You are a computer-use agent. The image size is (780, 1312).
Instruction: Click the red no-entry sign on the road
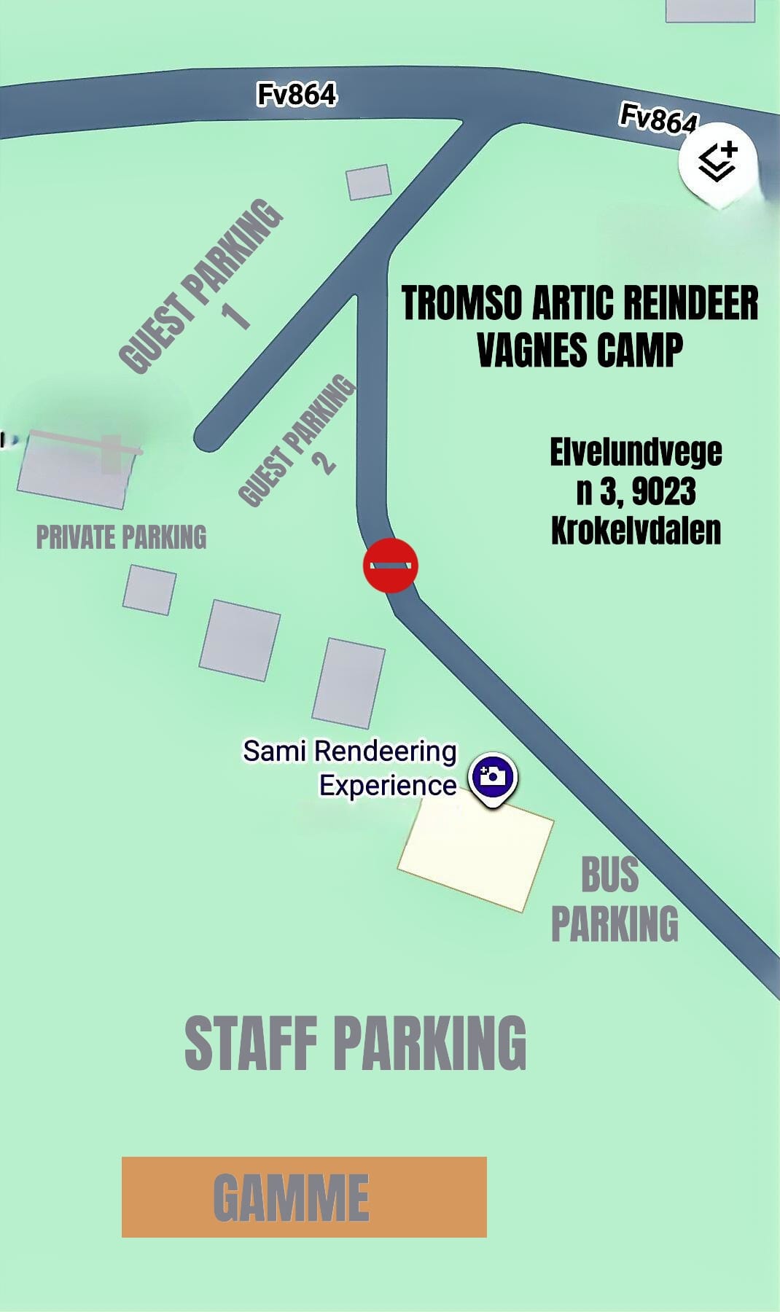[x=391, y=565]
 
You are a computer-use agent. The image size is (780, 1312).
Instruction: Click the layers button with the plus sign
[x=718, y=162]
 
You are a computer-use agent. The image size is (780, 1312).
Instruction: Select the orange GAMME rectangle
[x=304, y=1197]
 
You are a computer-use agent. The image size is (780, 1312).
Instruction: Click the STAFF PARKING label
[x=355, y=1043]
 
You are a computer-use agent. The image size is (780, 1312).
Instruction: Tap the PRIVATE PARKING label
[x=121, y=537]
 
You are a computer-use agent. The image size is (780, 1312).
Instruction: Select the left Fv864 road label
[x=297, y=95]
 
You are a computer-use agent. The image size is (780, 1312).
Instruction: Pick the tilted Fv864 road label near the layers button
[x=658, y=119]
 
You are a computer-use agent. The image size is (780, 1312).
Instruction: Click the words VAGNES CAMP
[x=580, y=350]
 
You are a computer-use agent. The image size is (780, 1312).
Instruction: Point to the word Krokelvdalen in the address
[x=636, y=530]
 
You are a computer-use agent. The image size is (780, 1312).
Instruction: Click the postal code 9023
[x=663, y=492]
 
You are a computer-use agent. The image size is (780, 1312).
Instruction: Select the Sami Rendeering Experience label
[x=350, y=768]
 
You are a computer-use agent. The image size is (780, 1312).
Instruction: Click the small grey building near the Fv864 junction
[x=368, y=182]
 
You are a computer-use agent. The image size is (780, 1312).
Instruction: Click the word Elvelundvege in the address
[x=636, y=452]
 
